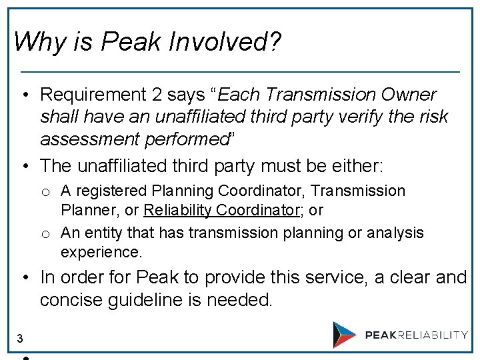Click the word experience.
101,253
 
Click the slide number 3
20,339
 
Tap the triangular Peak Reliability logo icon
345,335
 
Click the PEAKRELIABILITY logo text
416,335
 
